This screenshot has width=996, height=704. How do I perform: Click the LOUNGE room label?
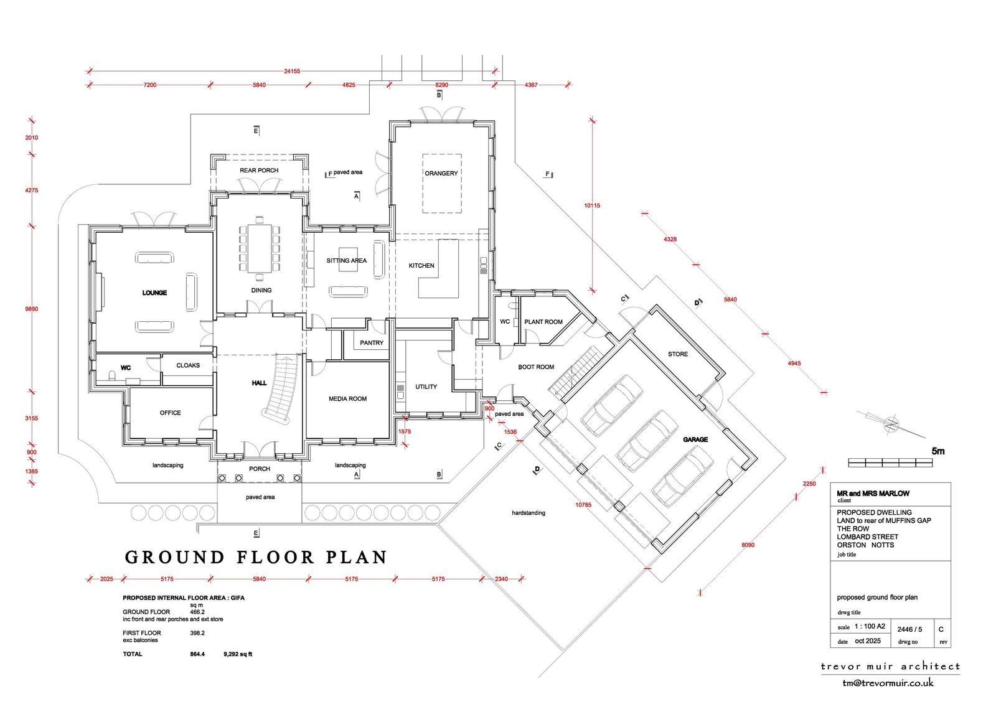(x=154, y=293)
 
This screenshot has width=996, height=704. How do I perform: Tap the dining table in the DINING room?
(x=260, y=248)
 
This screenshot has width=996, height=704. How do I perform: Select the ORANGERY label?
(x=441, y=174)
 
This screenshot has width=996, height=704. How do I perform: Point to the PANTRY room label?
(x=371, y=343)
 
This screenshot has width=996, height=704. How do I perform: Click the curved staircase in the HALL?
(x=281, y=388)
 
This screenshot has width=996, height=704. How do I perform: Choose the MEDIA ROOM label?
(x=348, y=399)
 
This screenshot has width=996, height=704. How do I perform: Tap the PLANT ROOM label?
(x=543, y=322)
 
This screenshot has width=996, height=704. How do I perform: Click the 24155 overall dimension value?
(x=292, y=71)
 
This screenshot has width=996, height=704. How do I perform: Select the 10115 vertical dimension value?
(x=592, y=205)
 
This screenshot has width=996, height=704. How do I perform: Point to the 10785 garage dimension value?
(x=583, y=505)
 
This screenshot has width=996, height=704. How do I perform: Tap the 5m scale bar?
(x=890, y=462)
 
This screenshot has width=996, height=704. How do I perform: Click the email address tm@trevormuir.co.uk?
(x=888, y=683)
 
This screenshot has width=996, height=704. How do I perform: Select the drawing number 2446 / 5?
(x=909, y=629)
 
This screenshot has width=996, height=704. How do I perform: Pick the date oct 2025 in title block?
(x=868, y=641)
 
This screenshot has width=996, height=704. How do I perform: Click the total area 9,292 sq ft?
(x=238, y=654)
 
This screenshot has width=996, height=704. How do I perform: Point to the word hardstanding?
(x=529, y=513)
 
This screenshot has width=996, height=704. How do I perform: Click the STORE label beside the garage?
(x=678, y=354)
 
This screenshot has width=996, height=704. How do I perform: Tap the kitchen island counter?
(x=439, y=269)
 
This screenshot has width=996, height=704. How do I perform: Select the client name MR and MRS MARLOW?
(x=873, y=493)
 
